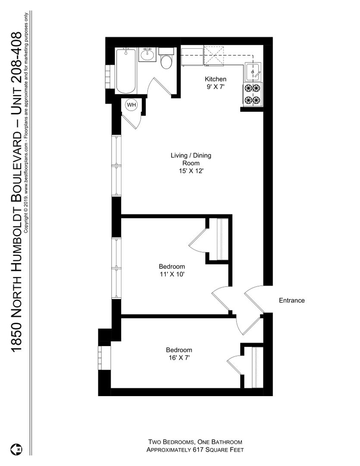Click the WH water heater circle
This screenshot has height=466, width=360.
[x=131, y=104]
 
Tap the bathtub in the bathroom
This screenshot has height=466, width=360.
[x=126, y=71]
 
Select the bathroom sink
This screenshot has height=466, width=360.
[x=147, y=55]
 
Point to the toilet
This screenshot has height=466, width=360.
[x=166, y=58]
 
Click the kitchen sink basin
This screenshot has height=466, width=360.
[x=253, y=72]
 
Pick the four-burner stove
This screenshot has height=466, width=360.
[x=253, y=94]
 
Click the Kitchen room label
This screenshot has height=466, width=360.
[x=216, y=79]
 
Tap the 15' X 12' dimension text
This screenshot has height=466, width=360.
[x=191, y=171]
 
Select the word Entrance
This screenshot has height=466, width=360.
[x=292, y=300]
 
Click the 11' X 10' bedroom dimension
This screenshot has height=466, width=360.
[x=172, y=274]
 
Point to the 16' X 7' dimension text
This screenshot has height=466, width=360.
[x=179, y=358]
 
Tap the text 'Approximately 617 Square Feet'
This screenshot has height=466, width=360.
[x=195, y=450]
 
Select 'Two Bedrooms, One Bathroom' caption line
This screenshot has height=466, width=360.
[x=195, y=442]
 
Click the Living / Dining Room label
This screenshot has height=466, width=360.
[x=191, y=159]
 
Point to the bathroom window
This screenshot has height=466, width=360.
[x=110, y=77]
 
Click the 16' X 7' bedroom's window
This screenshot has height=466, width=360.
[x=104, y=358]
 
